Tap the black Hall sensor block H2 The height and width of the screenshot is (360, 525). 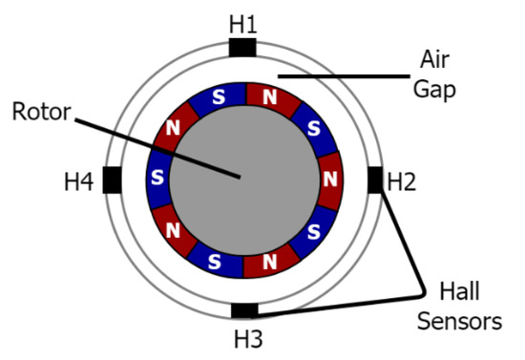click(375, 179)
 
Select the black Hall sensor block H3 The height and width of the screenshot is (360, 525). click(244, 310)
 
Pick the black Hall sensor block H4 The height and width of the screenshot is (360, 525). click(112, 179)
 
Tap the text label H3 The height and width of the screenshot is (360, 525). click(244, 337)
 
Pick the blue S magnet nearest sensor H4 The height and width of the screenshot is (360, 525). click(157, 179)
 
